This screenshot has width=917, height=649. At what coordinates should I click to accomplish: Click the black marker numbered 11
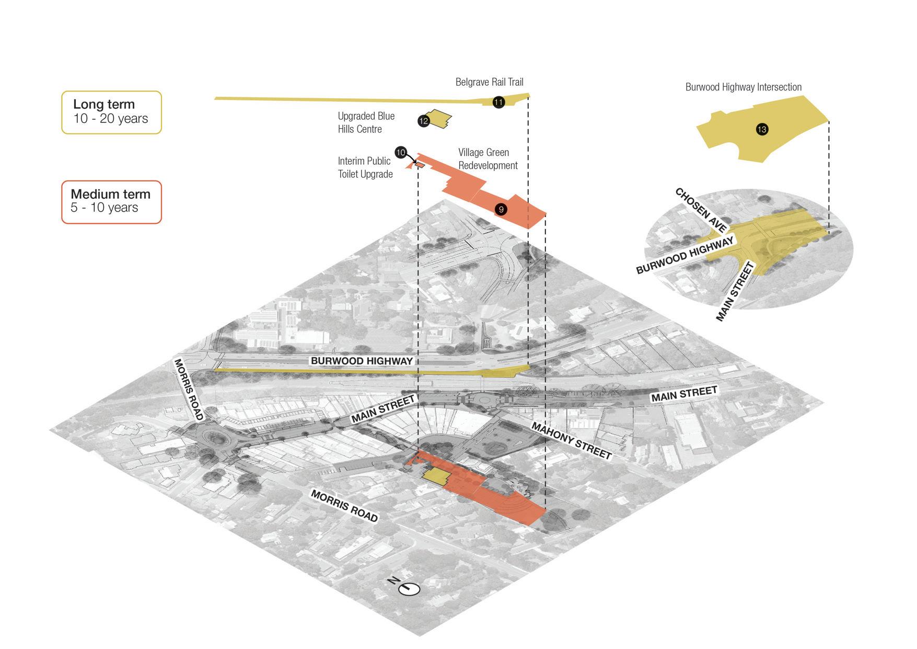(x=498, y=102)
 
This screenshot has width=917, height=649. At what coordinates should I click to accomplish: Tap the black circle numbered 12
(x=423, y=121)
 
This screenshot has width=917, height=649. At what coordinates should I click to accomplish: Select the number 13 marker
(x=762, y=129)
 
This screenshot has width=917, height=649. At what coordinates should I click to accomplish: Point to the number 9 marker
(x=501, y=210)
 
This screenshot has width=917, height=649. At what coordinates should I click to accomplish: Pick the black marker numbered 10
(x=401, y=153)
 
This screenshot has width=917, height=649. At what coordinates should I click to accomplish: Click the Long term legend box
(x=111, y=112)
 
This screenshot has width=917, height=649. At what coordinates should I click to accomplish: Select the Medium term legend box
(x=111, y=202)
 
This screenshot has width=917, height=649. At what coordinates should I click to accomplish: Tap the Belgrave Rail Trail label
(x=489, y=82)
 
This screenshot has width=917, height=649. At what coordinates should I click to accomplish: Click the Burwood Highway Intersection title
(x=743, y=87)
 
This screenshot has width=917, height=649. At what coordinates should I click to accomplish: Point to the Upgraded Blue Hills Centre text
(x=366, y=122)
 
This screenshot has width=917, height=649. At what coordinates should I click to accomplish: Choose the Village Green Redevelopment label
(x=487, y=159)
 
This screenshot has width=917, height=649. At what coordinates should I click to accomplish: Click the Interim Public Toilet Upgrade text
(x=365, y=167)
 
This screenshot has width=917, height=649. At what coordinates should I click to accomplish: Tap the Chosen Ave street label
(x=701, y=210)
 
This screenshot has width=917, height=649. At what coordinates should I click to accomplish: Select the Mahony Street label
(x=571, y=441)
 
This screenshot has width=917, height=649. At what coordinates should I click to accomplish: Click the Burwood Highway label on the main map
(x=362, y=361)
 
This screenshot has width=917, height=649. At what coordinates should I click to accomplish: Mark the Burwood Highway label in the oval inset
(x=684, y=255)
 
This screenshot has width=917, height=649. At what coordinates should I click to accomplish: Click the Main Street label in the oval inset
(x=735, y=292)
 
